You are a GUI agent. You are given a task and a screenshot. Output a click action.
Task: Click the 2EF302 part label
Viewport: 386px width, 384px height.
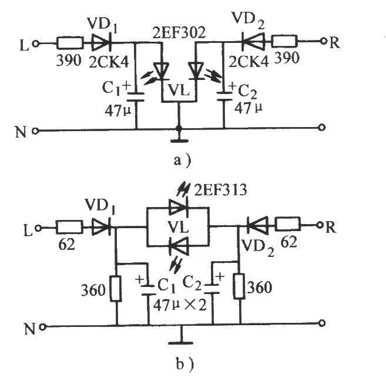tap(179, 32)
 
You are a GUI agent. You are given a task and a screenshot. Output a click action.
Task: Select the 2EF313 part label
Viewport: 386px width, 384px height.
tap(220, 189)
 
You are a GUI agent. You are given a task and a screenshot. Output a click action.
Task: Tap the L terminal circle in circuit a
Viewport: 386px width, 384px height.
tap(36, 44)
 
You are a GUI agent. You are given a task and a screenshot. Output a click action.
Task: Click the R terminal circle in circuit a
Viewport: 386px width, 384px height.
tap(324, 41)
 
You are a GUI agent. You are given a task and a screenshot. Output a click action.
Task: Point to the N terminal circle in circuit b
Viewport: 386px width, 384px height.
tap(42, 327)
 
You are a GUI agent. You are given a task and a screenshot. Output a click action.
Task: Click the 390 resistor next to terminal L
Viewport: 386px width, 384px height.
tap(70, 44)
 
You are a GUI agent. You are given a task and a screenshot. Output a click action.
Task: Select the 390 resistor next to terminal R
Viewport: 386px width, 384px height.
tap(284, 41)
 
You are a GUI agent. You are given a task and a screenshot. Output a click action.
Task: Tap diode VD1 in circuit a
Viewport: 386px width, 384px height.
tap(101, 43)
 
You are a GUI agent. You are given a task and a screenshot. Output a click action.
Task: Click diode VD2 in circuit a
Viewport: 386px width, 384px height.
tap(253, 41)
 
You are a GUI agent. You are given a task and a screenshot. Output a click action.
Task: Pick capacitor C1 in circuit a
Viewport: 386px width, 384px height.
tap(136, 97)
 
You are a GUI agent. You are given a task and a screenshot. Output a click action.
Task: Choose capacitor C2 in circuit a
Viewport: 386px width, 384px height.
tap(224, 96)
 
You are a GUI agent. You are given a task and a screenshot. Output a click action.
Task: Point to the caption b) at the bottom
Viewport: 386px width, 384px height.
tap(185, 363)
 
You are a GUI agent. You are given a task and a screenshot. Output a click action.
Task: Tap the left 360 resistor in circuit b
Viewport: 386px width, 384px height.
tap(116, 289)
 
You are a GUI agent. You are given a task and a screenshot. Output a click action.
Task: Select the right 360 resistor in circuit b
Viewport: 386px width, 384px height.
tap(239, 286)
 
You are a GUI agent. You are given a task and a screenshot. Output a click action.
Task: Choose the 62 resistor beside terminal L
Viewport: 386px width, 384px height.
tap(69, 227)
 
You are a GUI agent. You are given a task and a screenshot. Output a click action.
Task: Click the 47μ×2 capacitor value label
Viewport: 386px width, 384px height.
tap(179, 305)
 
